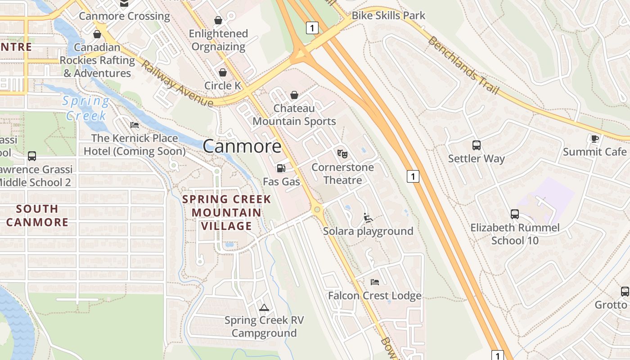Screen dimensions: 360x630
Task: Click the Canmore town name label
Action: point(242,146)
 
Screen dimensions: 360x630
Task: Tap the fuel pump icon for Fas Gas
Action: point(281,168)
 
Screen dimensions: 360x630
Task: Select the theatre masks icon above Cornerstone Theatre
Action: point(342,153)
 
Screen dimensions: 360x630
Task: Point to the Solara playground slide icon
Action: point(368,218)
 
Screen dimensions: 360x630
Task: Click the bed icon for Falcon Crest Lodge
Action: point(374,282)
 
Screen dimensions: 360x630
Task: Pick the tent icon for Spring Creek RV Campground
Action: point(264,307)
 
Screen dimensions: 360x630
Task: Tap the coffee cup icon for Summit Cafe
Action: point(594,139)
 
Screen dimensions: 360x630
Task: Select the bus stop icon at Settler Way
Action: point(477,145)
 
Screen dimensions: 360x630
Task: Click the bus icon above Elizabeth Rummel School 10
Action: point(515,214)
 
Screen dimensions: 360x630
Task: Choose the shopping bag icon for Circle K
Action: point(223,72)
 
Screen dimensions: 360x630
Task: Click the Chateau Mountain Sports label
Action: point(294,115)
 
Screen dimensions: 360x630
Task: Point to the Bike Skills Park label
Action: point(388,15)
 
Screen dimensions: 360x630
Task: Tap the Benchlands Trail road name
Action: point(463,66)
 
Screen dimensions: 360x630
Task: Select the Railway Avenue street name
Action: point(177,84)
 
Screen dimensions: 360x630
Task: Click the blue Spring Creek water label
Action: point(86,108)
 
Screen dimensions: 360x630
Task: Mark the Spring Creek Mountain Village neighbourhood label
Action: point(227,212)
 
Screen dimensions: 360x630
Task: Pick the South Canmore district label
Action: point(37,215)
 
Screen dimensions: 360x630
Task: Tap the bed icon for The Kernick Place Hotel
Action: point(134,125)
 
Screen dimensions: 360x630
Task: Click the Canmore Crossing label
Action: point(124,16)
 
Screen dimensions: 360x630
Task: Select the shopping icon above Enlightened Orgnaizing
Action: point(218,20)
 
